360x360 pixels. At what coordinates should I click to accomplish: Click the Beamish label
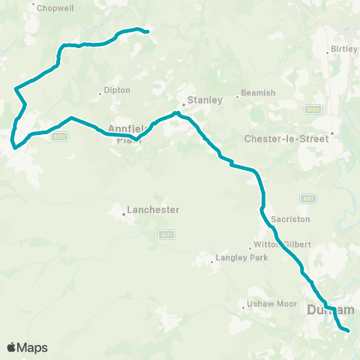[x=256, y=93]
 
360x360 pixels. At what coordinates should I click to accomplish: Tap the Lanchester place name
[x=153, y=210]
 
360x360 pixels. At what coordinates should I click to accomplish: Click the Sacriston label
[x=286, y=218]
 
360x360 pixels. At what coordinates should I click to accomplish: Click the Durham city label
[x=330, y=310]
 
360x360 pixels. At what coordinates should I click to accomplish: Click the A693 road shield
[x=313, y=109]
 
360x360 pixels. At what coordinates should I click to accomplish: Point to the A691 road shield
[x=167, y=235]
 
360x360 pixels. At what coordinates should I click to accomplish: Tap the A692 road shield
[x=61, y=136]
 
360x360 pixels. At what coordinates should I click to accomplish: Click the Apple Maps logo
[x=27, y=347]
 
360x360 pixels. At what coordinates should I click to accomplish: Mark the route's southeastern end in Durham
[x=348, y=330]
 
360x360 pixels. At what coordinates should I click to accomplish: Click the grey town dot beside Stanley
[x=183, y=105]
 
